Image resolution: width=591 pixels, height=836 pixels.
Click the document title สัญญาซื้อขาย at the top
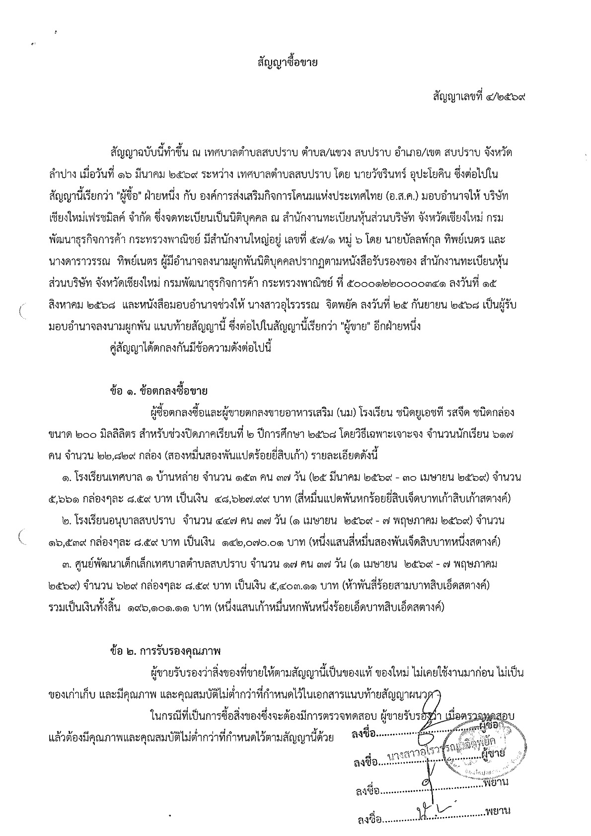click(x=295, y=64)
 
